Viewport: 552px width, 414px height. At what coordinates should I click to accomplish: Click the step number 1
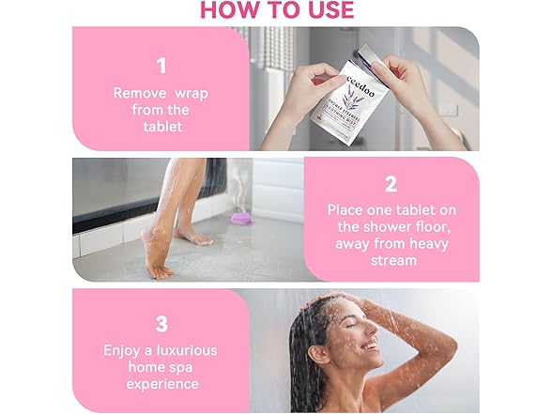point(161,66)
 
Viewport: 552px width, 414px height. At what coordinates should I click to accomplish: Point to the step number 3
point(161,324)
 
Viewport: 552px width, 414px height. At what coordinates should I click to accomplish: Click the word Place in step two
point(347,210)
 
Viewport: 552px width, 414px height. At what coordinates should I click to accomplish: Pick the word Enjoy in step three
point(125,350)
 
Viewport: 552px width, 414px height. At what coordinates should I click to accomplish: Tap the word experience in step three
point(161,384)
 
